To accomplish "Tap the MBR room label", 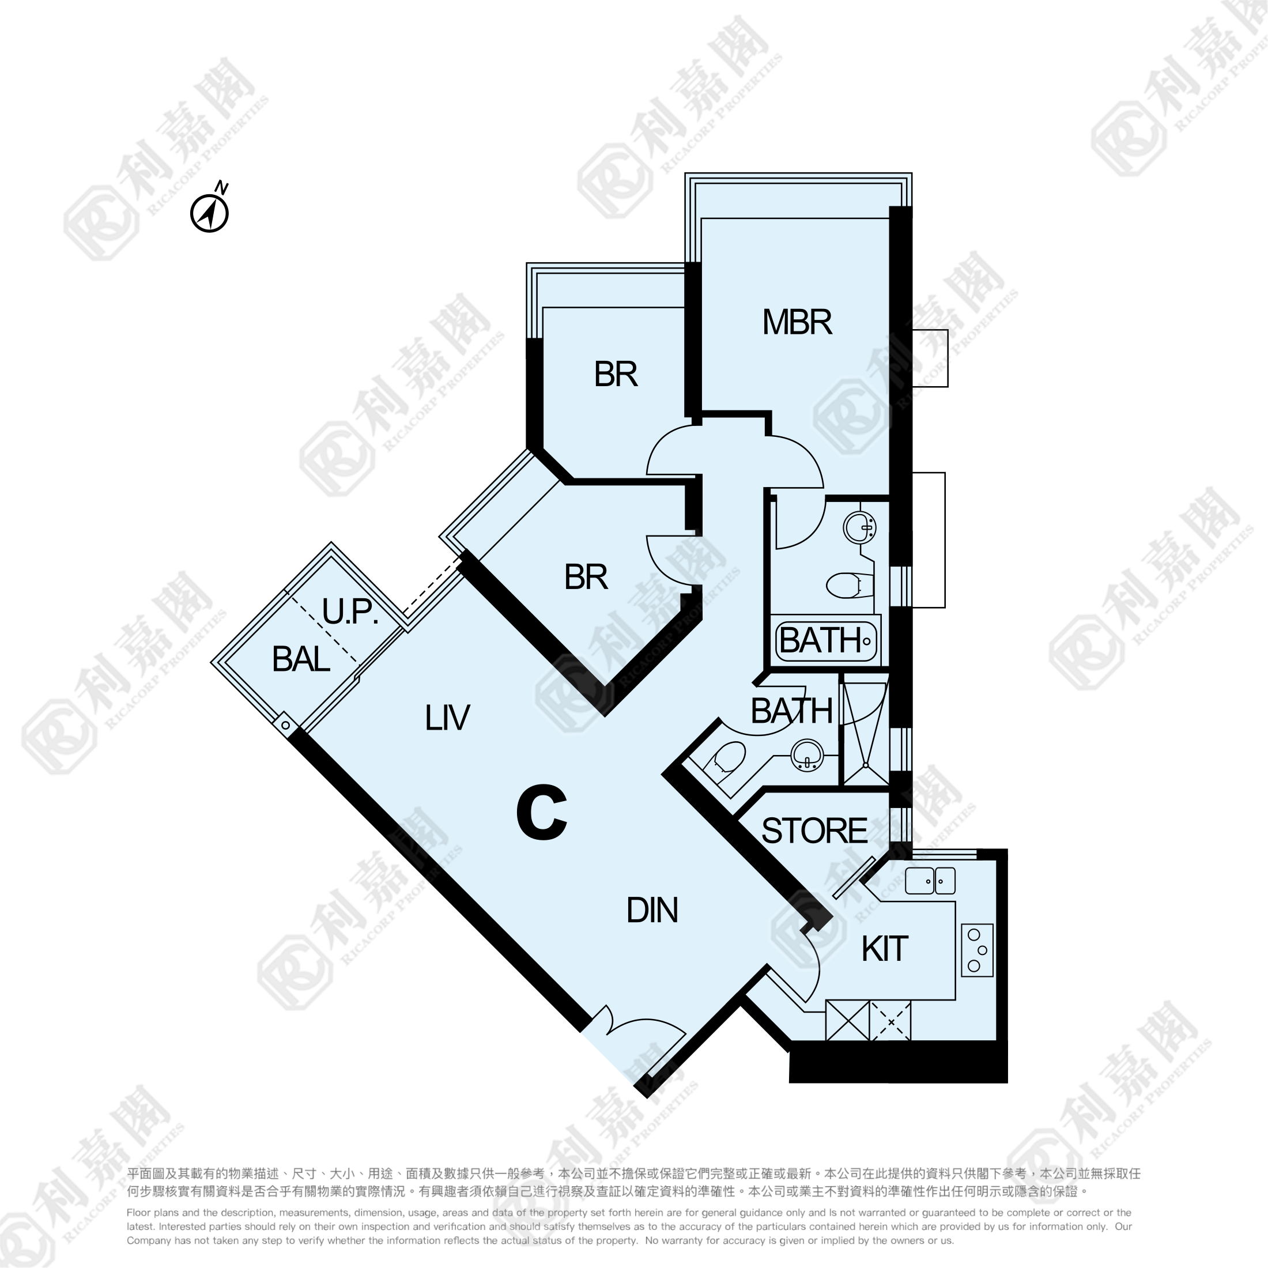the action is tap(797, 322).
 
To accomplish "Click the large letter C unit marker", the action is tap(541, 813).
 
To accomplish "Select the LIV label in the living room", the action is tap(447, 718).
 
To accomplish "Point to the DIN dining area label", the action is tap(652, 910).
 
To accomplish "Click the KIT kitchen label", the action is tap(885, 949).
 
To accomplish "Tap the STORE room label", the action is tap(814, 831).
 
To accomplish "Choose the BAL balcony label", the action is tap(301, 659).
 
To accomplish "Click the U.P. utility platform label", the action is tap(350, 611).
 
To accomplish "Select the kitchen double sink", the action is tap(930, 881).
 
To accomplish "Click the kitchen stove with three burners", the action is tap(978, 950).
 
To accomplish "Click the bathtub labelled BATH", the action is tap(827, 640).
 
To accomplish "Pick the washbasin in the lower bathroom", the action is tap(807, 755).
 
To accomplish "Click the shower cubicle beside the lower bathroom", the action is tap(866, 730).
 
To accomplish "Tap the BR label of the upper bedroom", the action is tap(616, 374).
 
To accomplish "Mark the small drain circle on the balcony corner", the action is tap(285, 725).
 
